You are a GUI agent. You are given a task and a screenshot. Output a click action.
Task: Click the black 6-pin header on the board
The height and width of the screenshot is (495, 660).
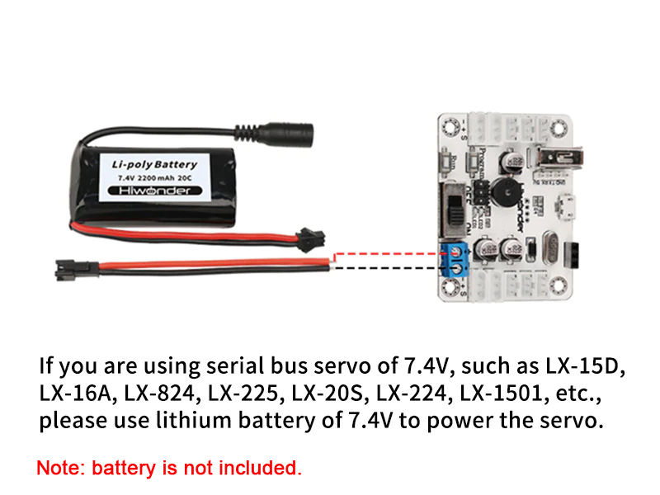[574, 254]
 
